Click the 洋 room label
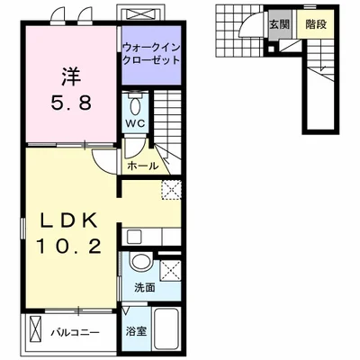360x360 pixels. (72, 76)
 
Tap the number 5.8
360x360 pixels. (71, 103)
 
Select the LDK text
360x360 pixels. (68, 221)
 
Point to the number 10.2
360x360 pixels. (68, 247)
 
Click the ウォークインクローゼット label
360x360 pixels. (151, 53)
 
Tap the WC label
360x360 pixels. (135, 123)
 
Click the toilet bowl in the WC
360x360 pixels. (136, 105)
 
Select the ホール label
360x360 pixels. (142, 166)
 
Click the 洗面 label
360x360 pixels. (145, 288)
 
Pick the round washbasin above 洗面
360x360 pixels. (140, 262)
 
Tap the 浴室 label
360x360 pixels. (136, 331)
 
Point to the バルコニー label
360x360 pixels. (75, 333)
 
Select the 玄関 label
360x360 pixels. (279, 24)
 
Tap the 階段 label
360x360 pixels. (316, 24)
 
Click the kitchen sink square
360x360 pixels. (133, 237)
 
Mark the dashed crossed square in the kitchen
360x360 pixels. (171, 189)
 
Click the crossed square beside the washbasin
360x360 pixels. (170, 271)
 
